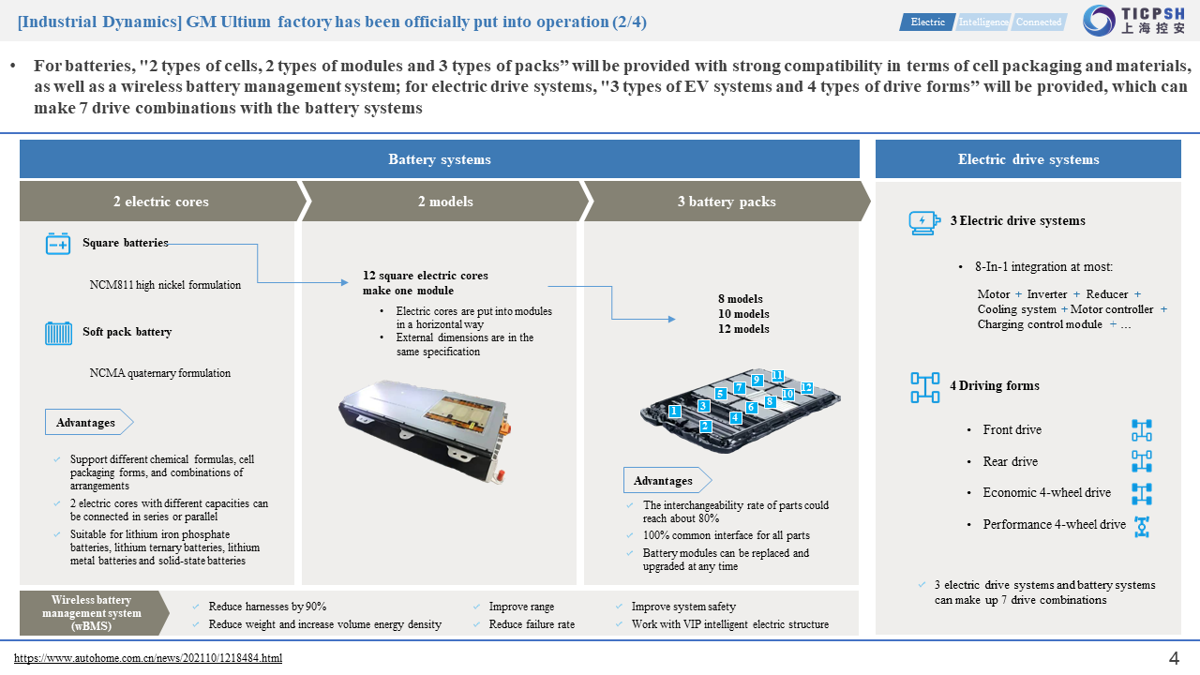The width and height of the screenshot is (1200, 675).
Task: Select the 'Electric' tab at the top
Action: [928, 22]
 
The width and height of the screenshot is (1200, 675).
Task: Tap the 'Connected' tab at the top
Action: [1039, 22]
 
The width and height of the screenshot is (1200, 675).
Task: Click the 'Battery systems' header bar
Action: [440, 159]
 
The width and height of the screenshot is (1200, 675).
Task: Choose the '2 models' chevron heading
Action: [445, 202]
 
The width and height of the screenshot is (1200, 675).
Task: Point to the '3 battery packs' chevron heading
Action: [727, 202]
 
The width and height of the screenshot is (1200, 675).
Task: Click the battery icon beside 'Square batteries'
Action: [58, 244]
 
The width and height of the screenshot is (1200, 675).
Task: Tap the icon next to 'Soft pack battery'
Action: [58, 333]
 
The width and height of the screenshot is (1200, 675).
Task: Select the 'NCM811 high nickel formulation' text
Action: [165, 285]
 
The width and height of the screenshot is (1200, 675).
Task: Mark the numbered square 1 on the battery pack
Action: [673, 411]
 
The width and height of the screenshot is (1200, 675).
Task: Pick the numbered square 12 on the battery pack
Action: [806, 387]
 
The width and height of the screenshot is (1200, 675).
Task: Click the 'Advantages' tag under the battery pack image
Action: [664, 481]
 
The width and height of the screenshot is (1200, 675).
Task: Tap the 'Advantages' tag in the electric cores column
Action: [86, 423]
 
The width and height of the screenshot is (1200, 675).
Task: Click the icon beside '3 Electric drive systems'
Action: [923, 222]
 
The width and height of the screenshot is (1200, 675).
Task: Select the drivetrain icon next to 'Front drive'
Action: [1141, 430]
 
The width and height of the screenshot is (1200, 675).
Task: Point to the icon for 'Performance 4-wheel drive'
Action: [1141, 526]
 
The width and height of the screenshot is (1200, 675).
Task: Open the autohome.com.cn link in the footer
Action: [148, 658]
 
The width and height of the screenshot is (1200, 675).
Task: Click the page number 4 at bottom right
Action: [1174, 658]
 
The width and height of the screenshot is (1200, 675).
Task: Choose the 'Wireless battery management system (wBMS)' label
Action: [91, 613]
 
